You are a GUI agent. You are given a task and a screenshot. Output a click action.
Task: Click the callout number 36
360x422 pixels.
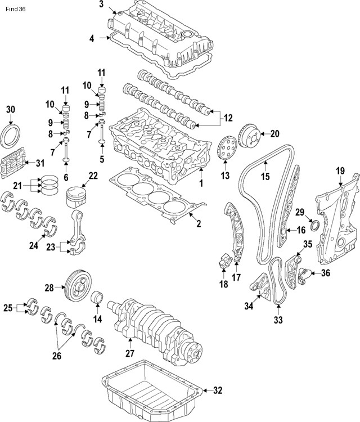click(x=325, y=274)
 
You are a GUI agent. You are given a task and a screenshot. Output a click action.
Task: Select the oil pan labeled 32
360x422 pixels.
click(x=152, y=388)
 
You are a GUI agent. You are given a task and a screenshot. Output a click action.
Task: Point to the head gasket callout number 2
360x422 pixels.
click(x=198, y=225)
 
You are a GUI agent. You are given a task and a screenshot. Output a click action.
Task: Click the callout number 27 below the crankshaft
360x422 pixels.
click(x=130, y=353)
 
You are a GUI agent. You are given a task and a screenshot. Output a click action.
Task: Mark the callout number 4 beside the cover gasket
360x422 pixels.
click(x=91, y=38)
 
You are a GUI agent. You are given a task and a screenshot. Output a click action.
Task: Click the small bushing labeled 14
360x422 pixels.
click(x=97, y=297)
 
